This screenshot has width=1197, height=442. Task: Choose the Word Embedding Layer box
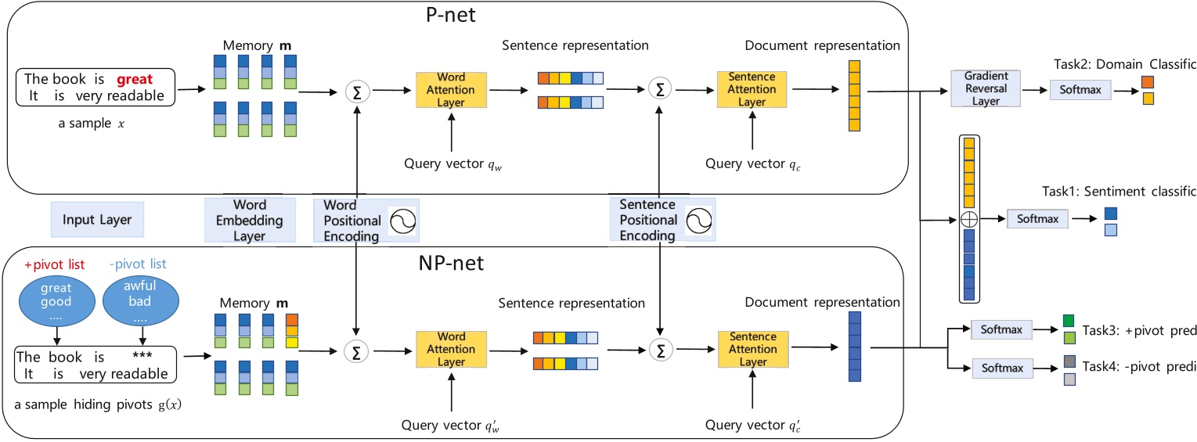click(249, 220)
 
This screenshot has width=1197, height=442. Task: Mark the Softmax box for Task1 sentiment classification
click(1037, 220)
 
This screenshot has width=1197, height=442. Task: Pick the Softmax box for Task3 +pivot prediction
click(1001, 330)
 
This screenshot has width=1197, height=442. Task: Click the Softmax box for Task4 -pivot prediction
click(1002, 366)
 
